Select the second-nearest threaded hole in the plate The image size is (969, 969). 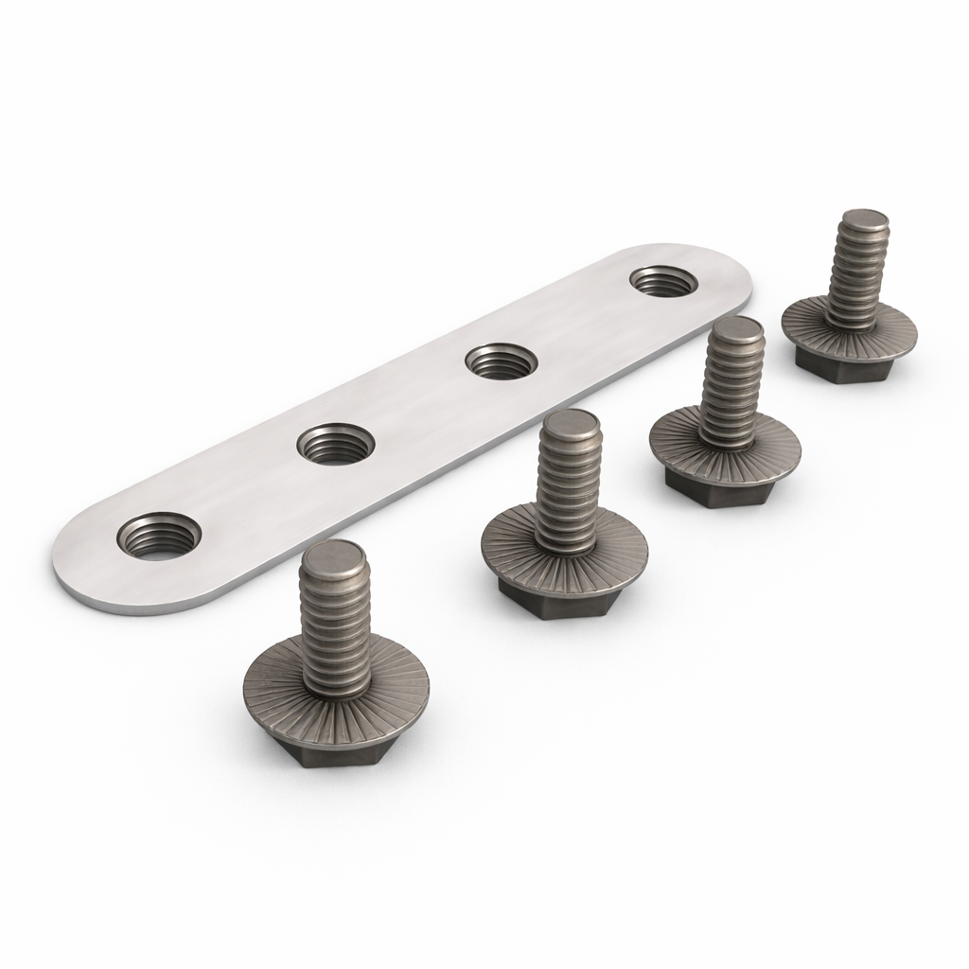click(336, 445)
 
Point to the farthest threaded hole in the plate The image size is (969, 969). click(663, 280)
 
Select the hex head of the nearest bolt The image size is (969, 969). click(336, 751)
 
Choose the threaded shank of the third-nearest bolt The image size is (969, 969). click(729, 388)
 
